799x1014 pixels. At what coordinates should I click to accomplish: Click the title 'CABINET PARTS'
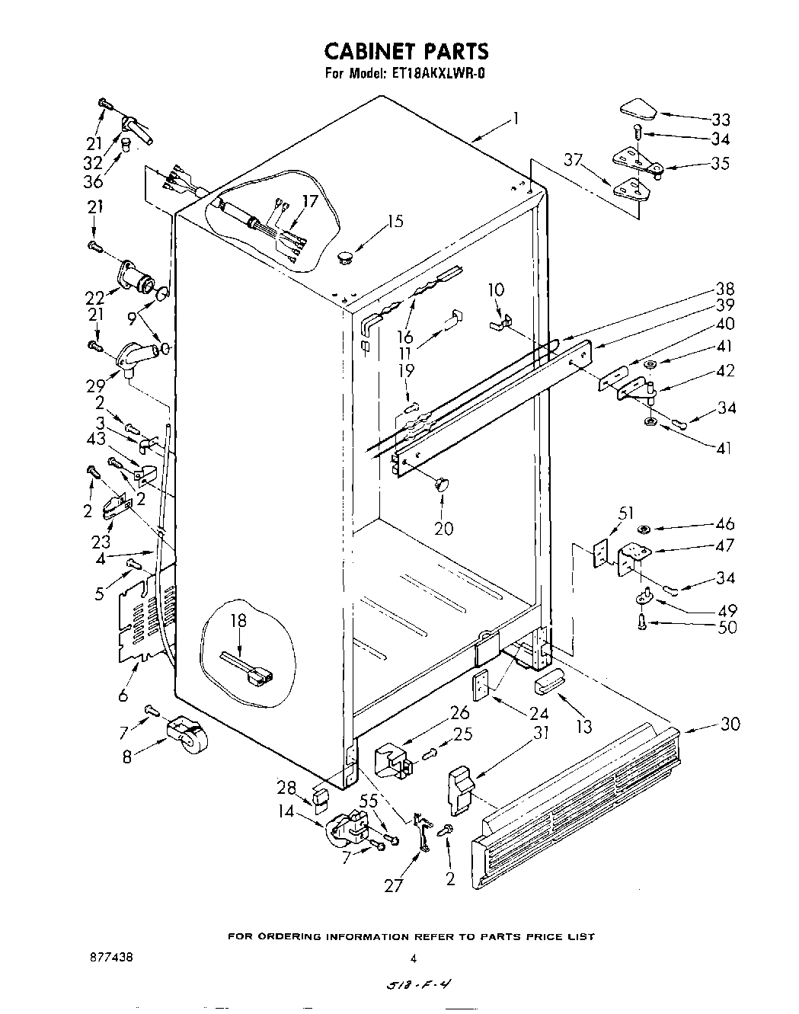pos(406,51)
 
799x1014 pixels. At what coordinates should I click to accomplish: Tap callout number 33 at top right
pos(720,120)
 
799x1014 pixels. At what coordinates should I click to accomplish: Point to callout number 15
pos(395,222)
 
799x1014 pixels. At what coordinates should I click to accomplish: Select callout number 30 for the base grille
pos(729,724)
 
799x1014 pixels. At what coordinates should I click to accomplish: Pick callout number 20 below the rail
pos(443,528)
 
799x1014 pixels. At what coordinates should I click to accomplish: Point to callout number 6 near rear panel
pos(123,694)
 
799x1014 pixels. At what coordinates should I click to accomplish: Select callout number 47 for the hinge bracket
pos(725,545)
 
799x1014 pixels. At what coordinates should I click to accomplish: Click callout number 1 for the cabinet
pos(516,118)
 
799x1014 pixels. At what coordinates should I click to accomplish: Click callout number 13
pos(583,726)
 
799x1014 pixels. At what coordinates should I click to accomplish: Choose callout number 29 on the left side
pos(95,385)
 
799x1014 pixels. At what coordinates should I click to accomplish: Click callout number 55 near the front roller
pos(368,801)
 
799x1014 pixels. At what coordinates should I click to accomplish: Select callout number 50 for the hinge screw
pos(727,629)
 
